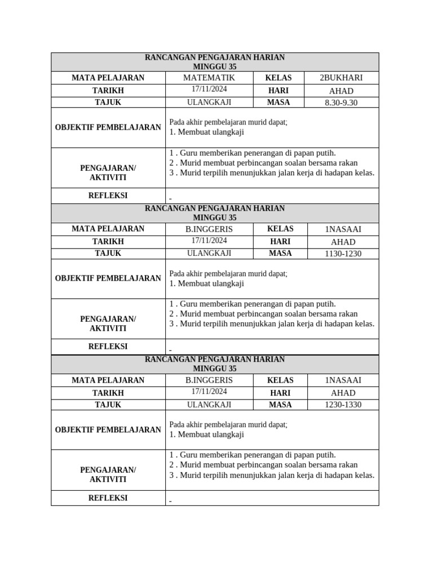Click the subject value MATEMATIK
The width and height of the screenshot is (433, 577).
(x=209, y=78)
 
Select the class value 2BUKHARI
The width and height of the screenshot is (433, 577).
(x=341, y=78)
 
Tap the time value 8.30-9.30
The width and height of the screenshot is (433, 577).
(x=341, y=103)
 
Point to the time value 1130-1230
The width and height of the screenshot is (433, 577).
(x=343, y=254)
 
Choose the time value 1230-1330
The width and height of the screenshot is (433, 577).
(x=343, y=405)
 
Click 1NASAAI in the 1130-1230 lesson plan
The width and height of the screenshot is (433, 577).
(x=343, y=229)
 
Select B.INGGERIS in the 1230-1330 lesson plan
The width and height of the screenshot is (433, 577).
(x=209, y=380)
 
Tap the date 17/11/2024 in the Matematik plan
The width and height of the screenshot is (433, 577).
(x=209, y=90)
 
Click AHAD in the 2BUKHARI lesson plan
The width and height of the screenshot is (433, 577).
(x=341, y=91)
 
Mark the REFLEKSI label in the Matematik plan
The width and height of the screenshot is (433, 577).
(x=108, y=196)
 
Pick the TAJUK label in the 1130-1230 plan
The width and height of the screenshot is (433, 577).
(x=108, y=253)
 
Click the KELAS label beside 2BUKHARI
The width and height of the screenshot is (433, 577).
(x=279, y=78)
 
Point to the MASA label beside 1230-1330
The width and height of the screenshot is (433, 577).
(x=280, y=405)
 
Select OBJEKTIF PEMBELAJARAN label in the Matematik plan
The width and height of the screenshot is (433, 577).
(x=108, y=127)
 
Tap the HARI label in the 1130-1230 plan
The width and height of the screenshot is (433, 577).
(x=280, y=241)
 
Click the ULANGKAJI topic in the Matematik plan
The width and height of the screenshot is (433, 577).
(x=209, y=103)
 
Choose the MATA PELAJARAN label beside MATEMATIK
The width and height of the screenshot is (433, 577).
(x=108, y=78)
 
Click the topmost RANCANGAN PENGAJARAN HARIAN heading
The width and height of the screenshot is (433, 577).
(x=215, y=57)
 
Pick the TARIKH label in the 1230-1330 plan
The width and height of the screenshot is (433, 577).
(x=108, y=393)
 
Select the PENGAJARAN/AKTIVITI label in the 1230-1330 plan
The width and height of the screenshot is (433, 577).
(x=108, y=474)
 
